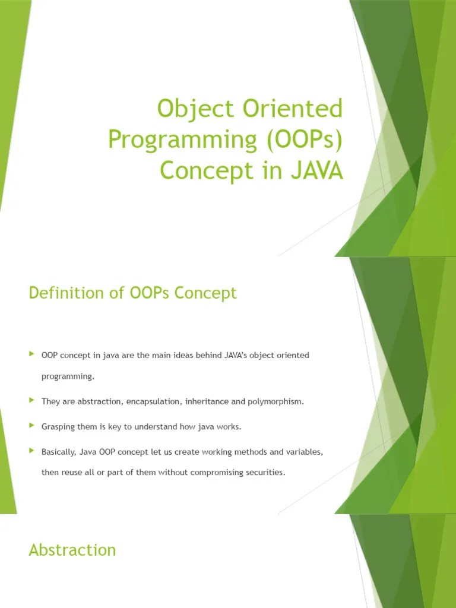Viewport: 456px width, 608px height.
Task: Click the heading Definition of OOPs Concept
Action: coord(132,293)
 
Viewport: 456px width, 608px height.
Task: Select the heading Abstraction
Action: coord(72,550)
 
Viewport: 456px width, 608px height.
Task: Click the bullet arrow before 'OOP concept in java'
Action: coord(32,354)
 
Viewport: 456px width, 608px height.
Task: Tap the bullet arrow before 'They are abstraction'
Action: coord(32,401)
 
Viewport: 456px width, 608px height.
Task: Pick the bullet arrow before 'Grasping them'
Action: coord(32,426)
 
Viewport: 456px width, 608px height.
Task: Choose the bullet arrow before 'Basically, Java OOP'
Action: coord(32,451)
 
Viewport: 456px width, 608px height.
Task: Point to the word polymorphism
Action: coord(275,402)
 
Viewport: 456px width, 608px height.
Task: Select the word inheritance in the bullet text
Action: coord(207,402)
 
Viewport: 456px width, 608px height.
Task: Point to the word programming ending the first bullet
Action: coord(68,376)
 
